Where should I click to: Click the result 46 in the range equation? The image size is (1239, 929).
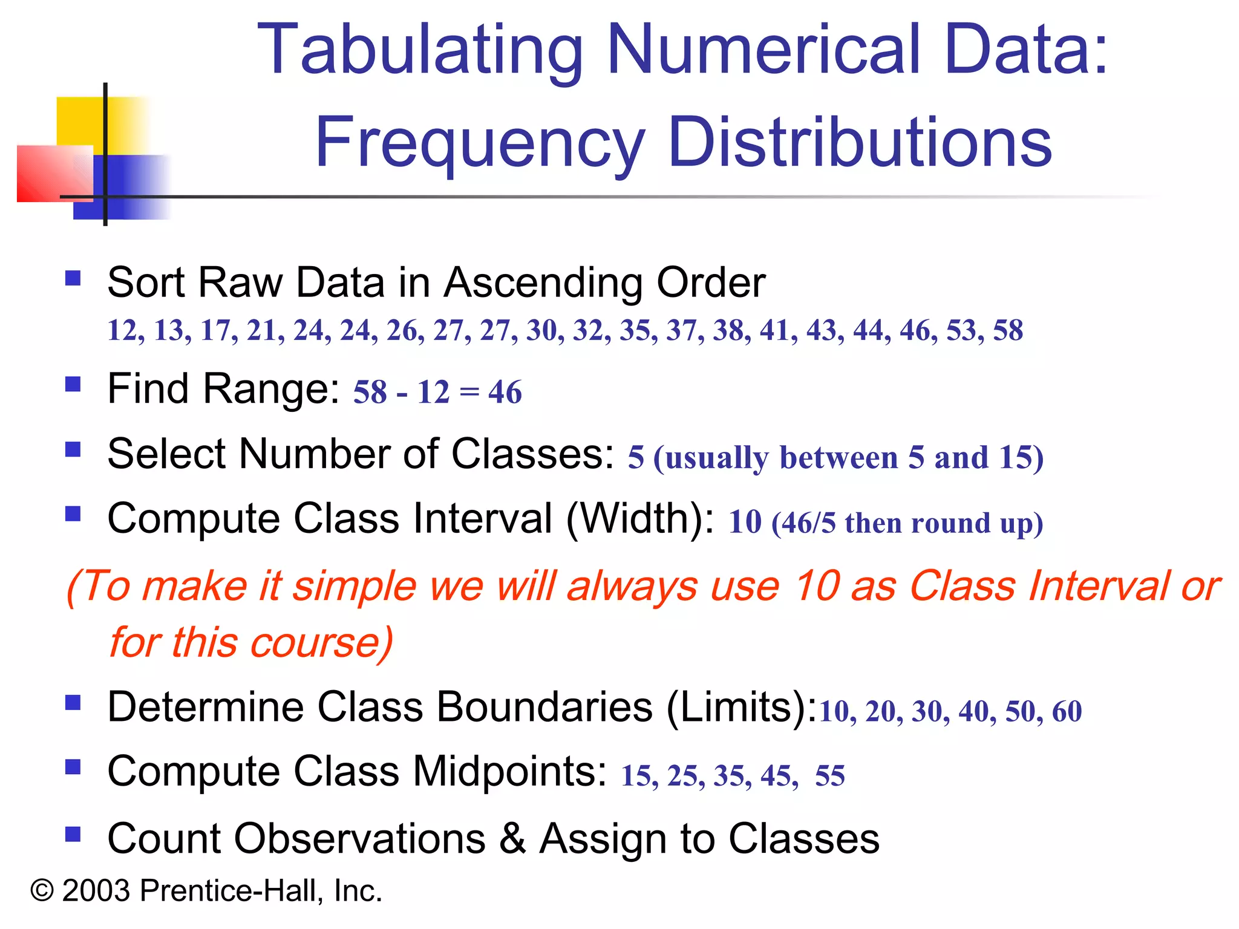[x=505, y=392]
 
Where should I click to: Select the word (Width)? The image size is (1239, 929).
[x=641, y=519]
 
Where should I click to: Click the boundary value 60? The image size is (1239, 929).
[x=1067, y=711]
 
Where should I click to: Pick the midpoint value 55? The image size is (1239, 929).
[x=830, y=775]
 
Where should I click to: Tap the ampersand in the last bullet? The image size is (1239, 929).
[x=512, y=838]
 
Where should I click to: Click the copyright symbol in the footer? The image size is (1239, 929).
[x=42, y=891]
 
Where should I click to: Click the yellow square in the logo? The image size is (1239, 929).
[x=82, y=121]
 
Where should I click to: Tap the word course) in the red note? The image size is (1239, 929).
[x=321, y=642]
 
